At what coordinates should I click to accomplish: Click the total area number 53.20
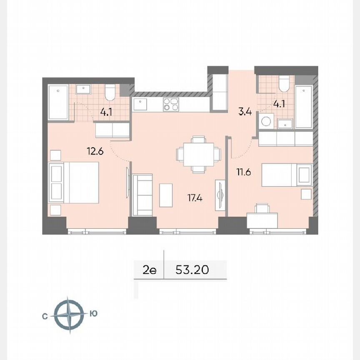[192, 270]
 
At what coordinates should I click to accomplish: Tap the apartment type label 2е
[150, 270]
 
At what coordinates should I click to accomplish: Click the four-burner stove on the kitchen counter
[170, 104]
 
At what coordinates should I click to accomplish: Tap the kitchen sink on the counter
[141, 102]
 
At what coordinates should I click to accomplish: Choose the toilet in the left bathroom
[110, 92]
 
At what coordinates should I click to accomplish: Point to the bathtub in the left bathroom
[58, 102]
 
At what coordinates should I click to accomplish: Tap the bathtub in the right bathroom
[304, 107]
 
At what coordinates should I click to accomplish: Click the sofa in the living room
[142, 195]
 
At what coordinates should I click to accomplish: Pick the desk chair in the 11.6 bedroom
[262, 208]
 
